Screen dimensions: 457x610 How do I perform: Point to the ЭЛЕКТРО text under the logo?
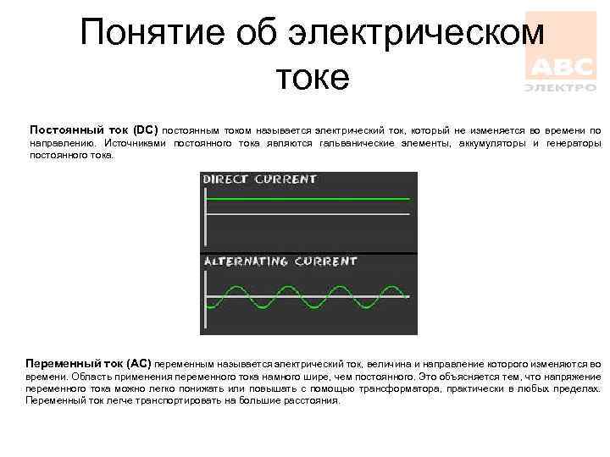560,86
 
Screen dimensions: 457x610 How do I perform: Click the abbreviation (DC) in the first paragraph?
145,131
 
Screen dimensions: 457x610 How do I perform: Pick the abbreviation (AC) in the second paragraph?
137,363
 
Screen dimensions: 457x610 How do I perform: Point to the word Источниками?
138,144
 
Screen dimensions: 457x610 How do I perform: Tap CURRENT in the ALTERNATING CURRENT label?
327,262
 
